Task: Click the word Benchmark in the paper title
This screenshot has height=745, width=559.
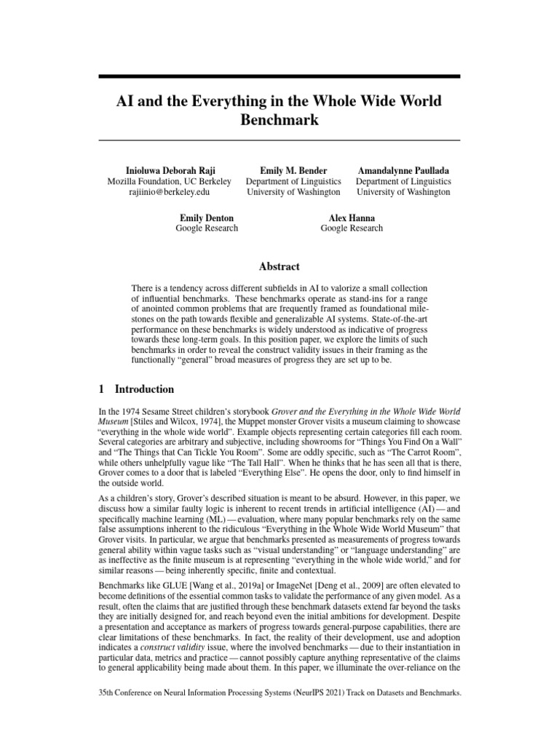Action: click(x=279, y=120)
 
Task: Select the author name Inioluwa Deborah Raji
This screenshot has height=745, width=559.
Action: click(x=169, y=170)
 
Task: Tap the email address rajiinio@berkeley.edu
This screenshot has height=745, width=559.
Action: click(x=169, y=192)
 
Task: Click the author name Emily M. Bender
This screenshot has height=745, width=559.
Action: click(x=293, y=170)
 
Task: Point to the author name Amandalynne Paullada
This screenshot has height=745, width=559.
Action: click(x=403, y=170)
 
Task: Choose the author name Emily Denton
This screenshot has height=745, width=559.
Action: click(x=207, y=217)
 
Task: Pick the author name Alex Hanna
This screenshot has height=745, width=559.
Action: click(x=352, y=217)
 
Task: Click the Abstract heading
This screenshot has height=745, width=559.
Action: click(x=279, y=266)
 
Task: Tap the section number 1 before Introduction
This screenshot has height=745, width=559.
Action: click(x=101, y=389)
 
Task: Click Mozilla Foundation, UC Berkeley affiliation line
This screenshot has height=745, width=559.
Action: click(x=169, y=181)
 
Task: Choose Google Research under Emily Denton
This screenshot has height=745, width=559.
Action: click(x=207, y=228)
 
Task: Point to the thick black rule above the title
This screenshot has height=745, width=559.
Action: click(x=279, y=76)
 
